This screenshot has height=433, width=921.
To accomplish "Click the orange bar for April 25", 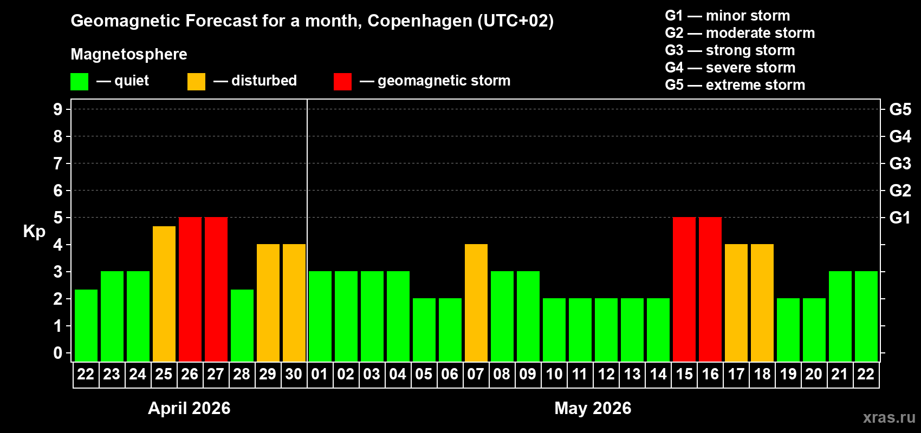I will point(164,293).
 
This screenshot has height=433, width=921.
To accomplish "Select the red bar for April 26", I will point(190,289).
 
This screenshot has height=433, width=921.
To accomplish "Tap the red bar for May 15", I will point(684,289).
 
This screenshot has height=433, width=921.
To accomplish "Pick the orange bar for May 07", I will point(476,303).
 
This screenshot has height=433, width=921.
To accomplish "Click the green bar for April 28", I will point(242,325).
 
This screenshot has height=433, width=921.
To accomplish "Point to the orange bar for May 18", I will point(762,303).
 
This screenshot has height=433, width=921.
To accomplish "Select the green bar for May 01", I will point(320,316).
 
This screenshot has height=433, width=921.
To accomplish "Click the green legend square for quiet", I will point(80,82).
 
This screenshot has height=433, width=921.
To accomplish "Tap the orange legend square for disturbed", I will point(197,82).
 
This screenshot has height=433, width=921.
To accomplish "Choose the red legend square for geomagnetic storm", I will point(342,82).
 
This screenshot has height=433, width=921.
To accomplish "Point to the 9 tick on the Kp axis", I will point(58,109).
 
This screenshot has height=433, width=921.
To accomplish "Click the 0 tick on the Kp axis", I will point(58,353).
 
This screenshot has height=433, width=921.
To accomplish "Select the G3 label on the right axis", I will point(900,163).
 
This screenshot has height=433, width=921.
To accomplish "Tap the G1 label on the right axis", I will point(900,218).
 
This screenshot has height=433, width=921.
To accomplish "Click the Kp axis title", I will point(34,232).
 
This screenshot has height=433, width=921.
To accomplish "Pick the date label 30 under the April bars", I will point(294,374).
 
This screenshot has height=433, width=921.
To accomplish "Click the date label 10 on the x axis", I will point(554,374).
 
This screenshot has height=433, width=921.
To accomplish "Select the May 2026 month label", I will point(593,408).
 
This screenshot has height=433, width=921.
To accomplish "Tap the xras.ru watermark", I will point(889,417).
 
